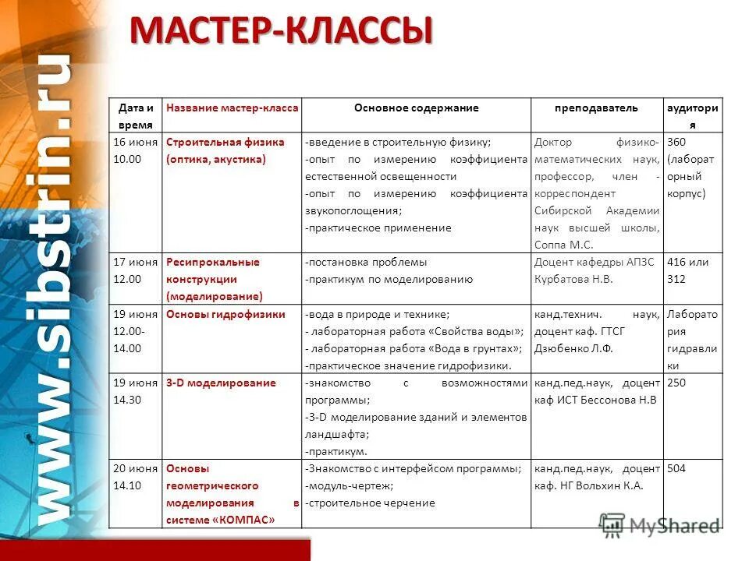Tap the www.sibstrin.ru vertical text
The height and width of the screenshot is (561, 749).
click(x=53, y=288)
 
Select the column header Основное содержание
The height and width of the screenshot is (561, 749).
click(x=416, y=108)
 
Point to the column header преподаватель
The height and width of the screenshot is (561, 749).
click(x=596, y=108)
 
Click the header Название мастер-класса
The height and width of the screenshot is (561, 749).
click(x=233, y=108)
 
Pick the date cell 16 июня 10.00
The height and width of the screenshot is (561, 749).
click(x=136, y=150)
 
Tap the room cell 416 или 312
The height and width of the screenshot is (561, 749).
click(x=687, y=270)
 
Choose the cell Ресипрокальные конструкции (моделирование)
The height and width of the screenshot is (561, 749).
click(x=214, y=279)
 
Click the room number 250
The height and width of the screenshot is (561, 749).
click(x=676, y=383)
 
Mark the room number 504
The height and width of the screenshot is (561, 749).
click(x=676, y=468)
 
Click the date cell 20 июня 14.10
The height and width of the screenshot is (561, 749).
click(x=136, y=477)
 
